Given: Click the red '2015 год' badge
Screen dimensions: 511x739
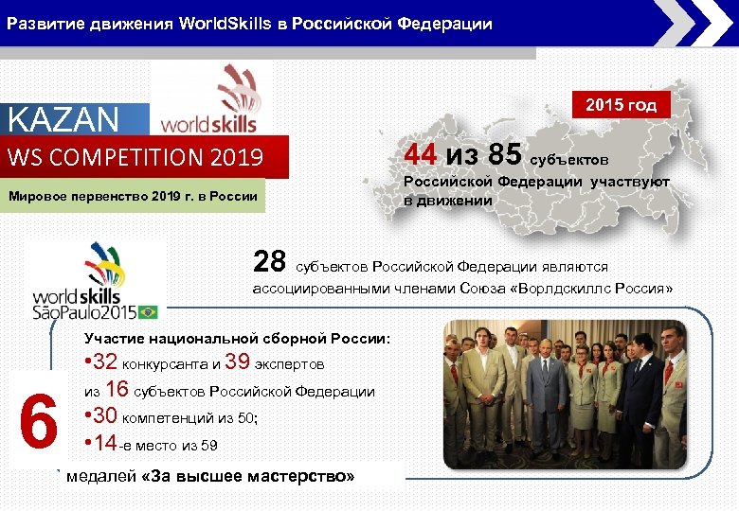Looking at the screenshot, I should coord(621,105).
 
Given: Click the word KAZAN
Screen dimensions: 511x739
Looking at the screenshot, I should coord(63,120).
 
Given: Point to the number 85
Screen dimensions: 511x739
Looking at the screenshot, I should coord(503,154).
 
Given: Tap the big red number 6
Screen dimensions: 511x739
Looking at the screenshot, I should coord(38,423).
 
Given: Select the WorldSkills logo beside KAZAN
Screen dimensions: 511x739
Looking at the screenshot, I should coord(210,99).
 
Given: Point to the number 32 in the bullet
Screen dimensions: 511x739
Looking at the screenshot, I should coord(105,362).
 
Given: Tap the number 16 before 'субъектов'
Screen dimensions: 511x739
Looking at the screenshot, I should coord(117,389).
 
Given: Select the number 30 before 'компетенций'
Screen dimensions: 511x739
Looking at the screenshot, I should coord(105,416).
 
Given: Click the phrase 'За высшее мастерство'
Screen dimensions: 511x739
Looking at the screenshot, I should coord(247,475).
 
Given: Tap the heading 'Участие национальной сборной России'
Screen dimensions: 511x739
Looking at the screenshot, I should coord(237,338).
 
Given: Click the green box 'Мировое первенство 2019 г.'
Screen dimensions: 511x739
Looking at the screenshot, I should coord(132,197).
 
